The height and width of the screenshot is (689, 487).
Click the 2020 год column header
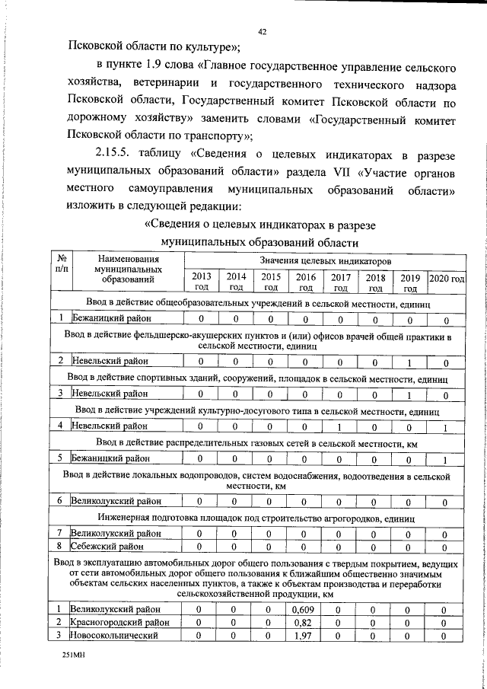pyautogui.click(x=446, y=279)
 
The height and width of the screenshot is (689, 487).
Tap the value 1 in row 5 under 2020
pyautogui.click(x=446, y=458)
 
